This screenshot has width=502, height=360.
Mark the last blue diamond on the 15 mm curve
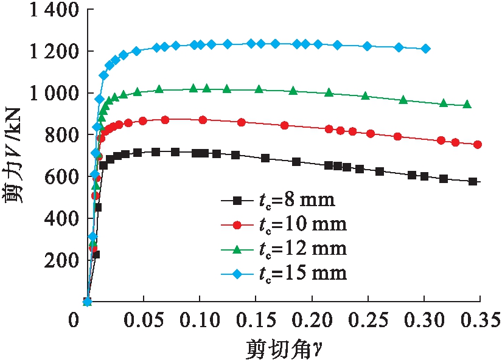[x=425, y=49]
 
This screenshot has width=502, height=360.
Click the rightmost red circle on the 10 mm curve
[x=478, y=145]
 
